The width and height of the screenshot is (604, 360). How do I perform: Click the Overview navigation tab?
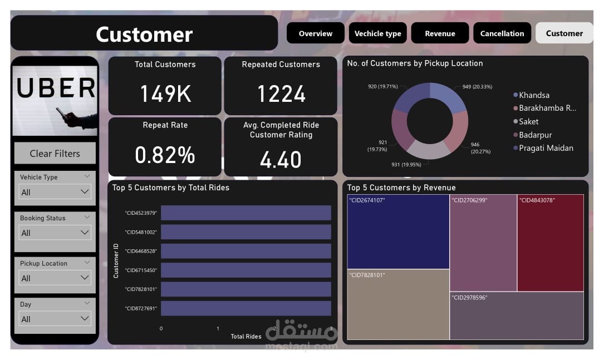(x=315, y=33)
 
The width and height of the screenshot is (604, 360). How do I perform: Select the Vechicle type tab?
(x=377, y=33)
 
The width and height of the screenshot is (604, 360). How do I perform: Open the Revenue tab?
(x=440, y=33)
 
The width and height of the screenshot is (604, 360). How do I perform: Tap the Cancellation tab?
(x=502, y=33)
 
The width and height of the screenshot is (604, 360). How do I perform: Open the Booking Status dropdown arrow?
(x=85, y=233)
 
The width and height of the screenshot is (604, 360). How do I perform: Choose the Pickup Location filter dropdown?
(x=55, y=278)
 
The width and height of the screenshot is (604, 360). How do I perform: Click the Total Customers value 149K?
(x=165, y=93)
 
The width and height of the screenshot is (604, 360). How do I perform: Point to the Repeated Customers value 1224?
(x=281, y=93)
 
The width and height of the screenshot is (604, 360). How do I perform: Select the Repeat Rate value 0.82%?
(x=165, y=155)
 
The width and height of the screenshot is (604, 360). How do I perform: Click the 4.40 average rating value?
(x=281, y=160)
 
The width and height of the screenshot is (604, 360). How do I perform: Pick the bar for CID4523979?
(x=245, y=213)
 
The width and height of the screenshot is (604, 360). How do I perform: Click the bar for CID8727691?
(x=245, y=308)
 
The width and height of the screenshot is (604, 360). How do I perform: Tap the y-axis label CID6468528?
(x=141, y=251)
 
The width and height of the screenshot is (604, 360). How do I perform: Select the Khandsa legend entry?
(x=534, y=95)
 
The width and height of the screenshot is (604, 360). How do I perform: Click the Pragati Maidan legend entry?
(x=546, y=148)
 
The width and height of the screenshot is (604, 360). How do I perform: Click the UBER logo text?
(x=55, y=89)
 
